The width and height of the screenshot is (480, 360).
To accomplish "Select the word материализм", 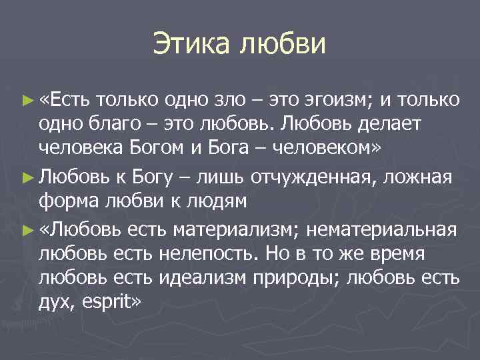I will (x=234, y=231).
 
